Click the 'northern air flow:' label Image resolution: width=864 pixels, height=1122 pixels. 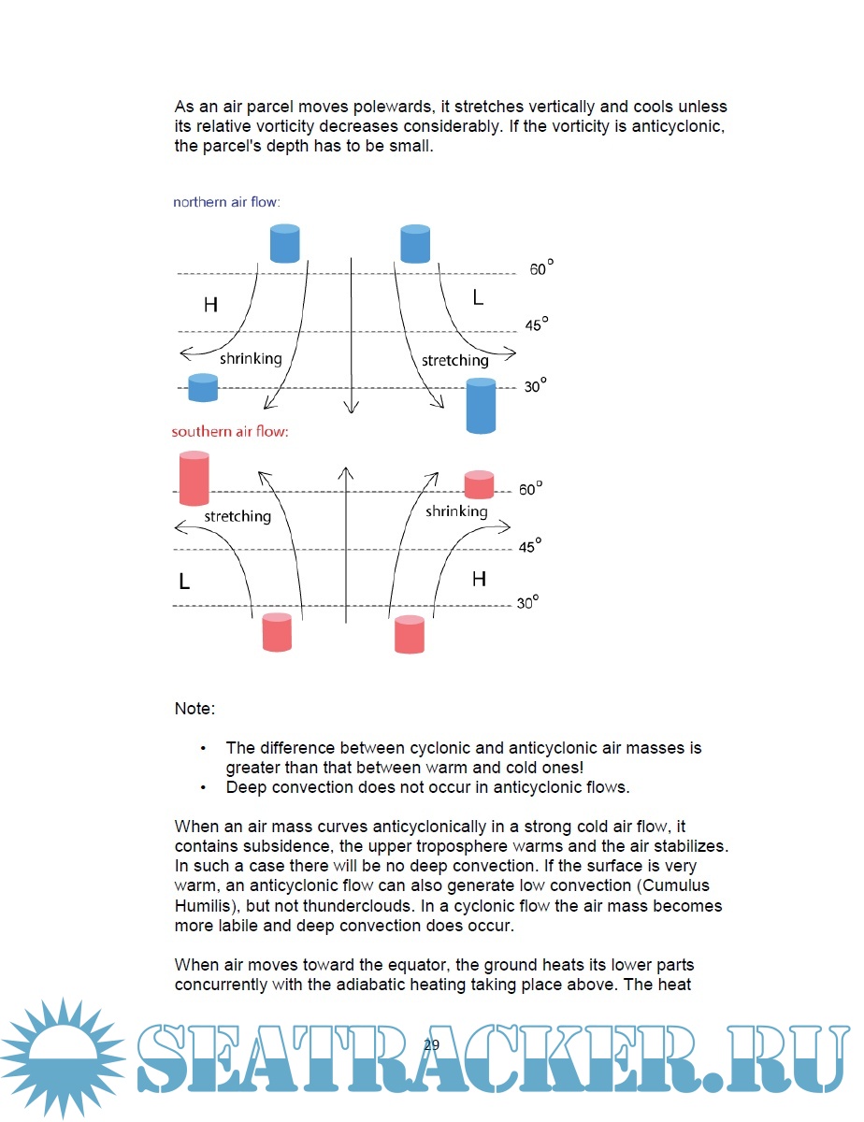(x=226, y=202)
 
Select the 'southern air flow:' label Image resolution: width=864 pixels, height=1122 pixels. (x=229, y=432)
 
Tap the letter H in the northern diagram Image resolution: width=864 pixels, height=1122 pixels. (x=210, y=305)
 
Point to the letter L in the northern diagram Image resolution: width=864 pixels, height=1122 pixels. (x=478, y=298)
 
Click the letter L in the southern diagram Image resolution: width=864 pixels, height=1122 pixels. (x=184, y=582)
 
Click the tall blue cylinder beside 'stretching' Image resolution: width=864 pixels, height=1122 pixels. (x=481, y=405)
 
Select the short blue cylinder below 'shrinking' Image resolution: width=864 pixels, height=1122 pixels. (x=203, y=387)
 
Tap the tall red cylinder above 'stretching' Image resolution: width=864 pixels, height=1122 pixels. (x=194, y=478)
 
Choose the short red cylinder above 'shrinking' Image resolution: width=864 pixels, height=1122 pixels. (x=479, y=484)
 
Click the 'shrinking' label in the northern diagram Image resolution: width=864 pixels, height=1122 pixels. (x=250, y=358)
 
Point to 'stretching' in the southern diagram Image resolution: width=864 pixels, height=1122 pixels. (x=238, y=516)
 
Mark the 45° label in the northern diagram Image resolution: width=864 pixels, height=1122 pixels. (x=536, y=325)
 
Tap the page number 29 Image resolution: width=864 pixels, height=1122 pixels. (x=431, y=1045)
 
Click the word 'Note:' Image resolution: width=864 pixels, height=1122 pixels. (x=194, y=709)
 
